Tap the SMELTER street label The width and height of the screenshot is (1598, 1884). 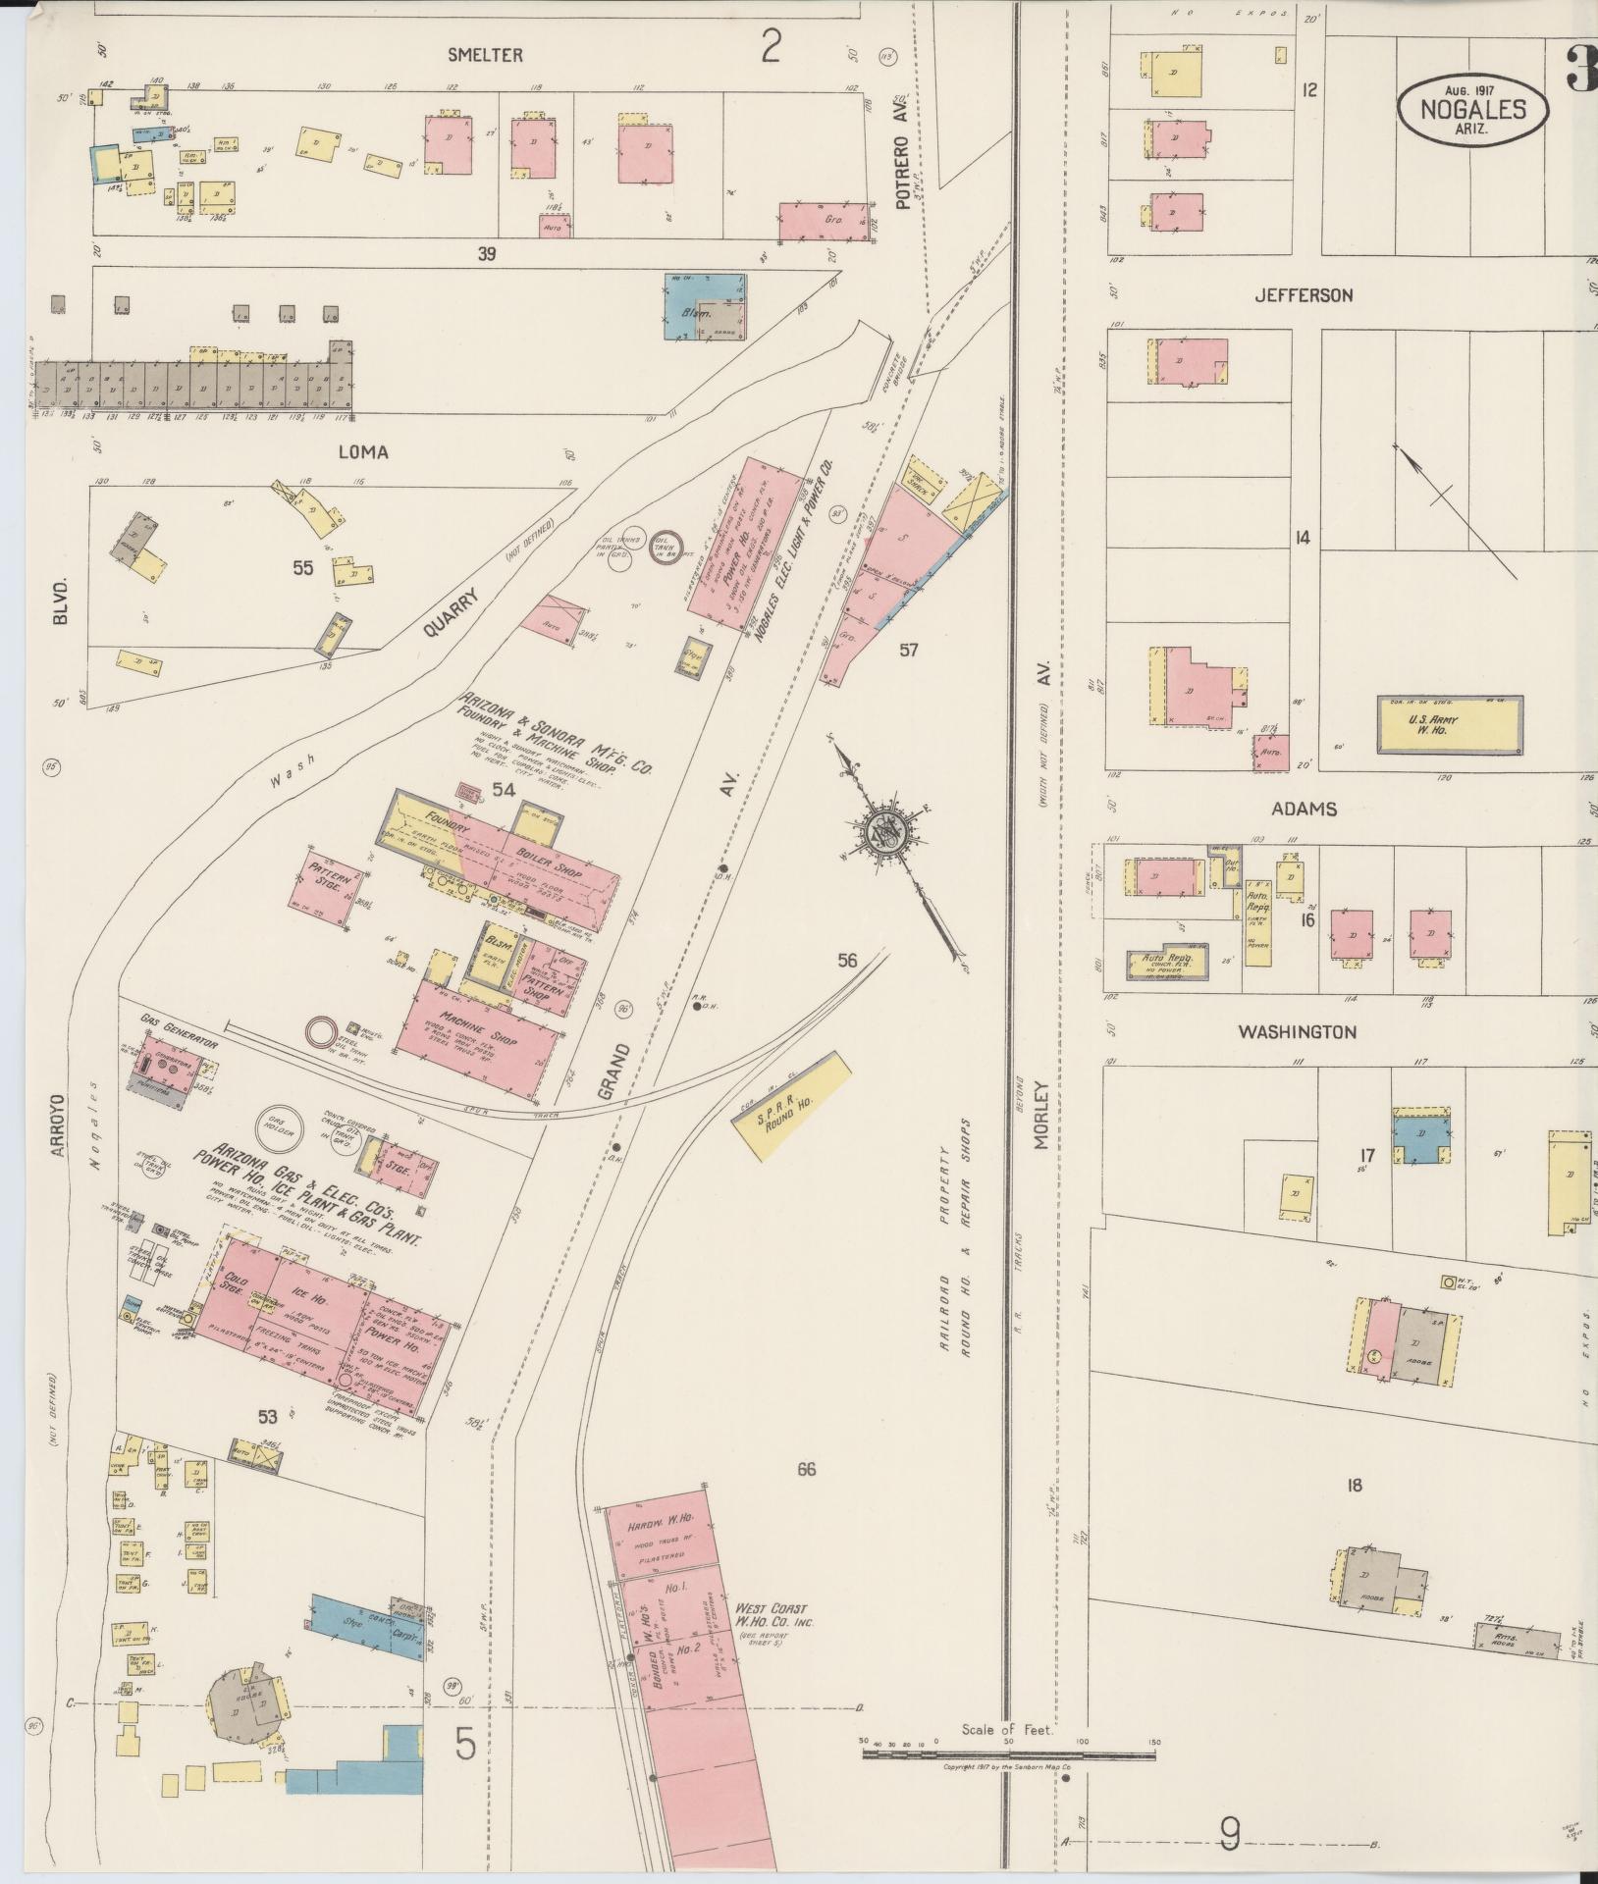point(485,56)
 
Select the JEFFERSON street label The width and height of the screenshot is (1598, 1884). point(1304,294)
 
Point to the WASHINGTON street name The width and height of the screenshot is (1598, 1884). point(1297,1031)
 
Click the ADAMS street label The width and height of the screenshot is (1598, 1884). point(1304,810)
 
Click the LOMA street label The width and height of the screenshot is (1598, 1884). point(363,452)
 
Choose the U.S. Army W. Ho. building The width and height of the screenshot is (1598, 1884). point(1451,725)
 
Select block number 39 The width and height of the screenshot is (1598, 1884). point(486,254)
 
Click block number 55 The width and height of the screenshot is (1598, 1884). point(302,567)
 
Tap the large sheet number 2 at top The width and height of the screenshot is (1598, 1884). point(771,45)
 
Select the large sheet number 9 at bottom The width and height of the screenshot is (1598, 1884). point(1229,1833)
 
